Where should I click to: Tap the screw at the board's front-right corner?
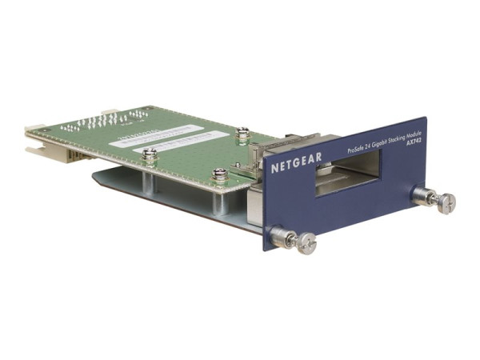tap(220, 174)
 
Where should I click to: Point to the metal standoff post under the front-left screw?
tap(149, 179)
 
